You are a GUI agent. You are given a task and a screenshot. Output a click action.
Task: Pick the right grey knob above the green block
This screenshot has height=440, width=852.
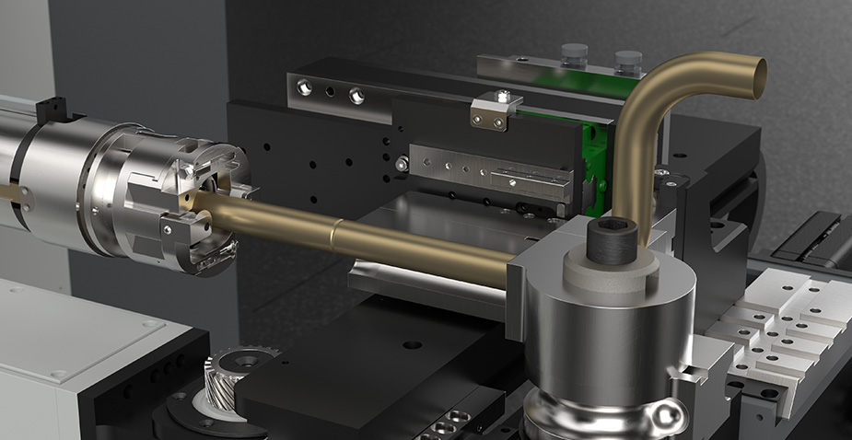pos(628,61)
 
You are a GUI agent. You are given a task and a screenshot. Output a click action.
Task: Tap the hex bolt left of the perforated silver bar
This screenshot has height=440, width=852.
pos(403,164)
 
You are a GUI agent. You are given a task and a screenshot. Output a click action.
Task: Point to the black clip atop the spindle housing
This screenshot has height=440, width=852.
pos(47,110)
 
